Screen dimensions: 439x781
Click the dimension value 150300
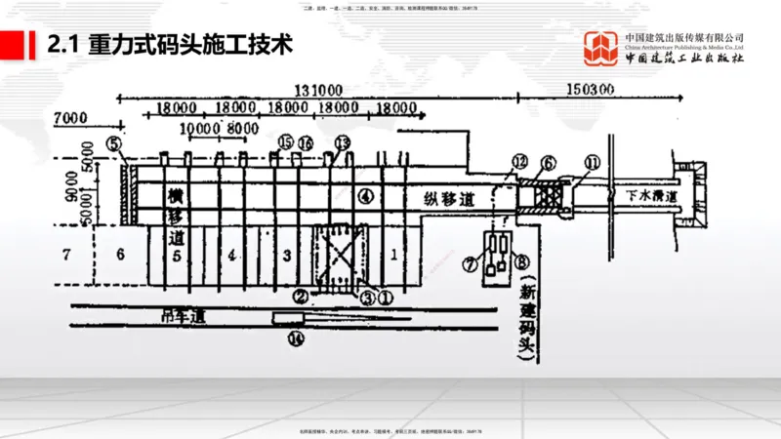tap(590, 89)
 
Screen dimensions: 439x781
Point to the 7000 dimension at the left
tap(73, 117)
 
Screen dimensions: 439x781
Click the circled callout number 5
tap(114, 144)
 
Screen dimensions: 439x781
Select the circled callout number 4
tap(365, 195)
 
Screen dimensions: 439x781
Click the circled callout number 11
tap(593, 162)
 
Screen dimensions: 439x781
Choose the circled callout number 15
tap(285, 142)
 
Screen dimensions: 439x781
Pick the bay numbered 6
tap(119, 255)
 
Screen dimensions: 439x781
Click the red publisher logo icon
tap(601, 49)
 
